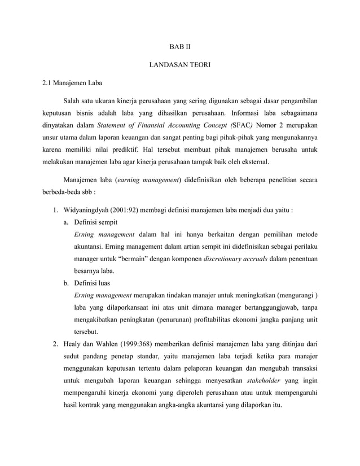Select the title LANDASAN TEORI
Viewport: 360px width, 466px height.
pos(179,65)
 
